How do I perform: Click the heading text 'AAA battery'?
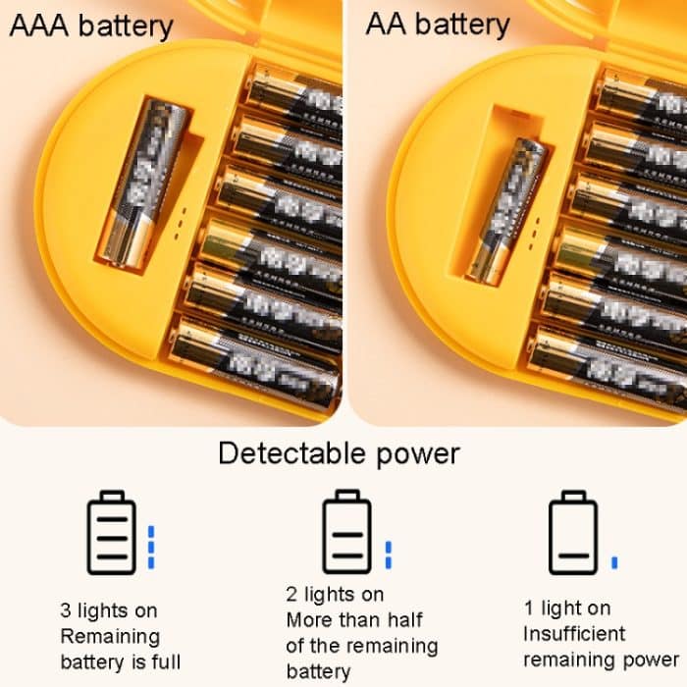[x=90, y=26]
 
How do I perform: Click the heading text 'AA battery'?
[x=438, y=26]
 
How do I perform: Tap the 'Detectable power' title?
[x=339, y=454]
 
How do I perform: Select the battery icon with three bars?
[x=113, y=533]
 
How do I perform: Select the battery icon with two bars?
[x=348, y=533]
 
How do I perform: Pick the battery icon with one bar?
[x=572, y=533]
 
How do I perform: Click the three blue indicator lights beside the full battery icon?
[x=151, y=547]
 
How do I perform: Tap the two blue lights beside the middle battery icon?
[x=389, y=554]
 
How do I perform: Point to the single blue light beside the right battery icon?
[x=614, y=562]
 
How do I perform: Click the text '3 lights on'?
[x=108, y=611]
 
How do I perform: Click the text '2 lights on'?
[x=335, y=595]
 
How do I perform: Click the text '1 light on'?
[x=567, y=608]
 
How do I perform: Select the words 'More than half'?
[x=354, y=620]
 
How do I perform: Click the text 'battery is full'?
[x=120, y=662]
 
